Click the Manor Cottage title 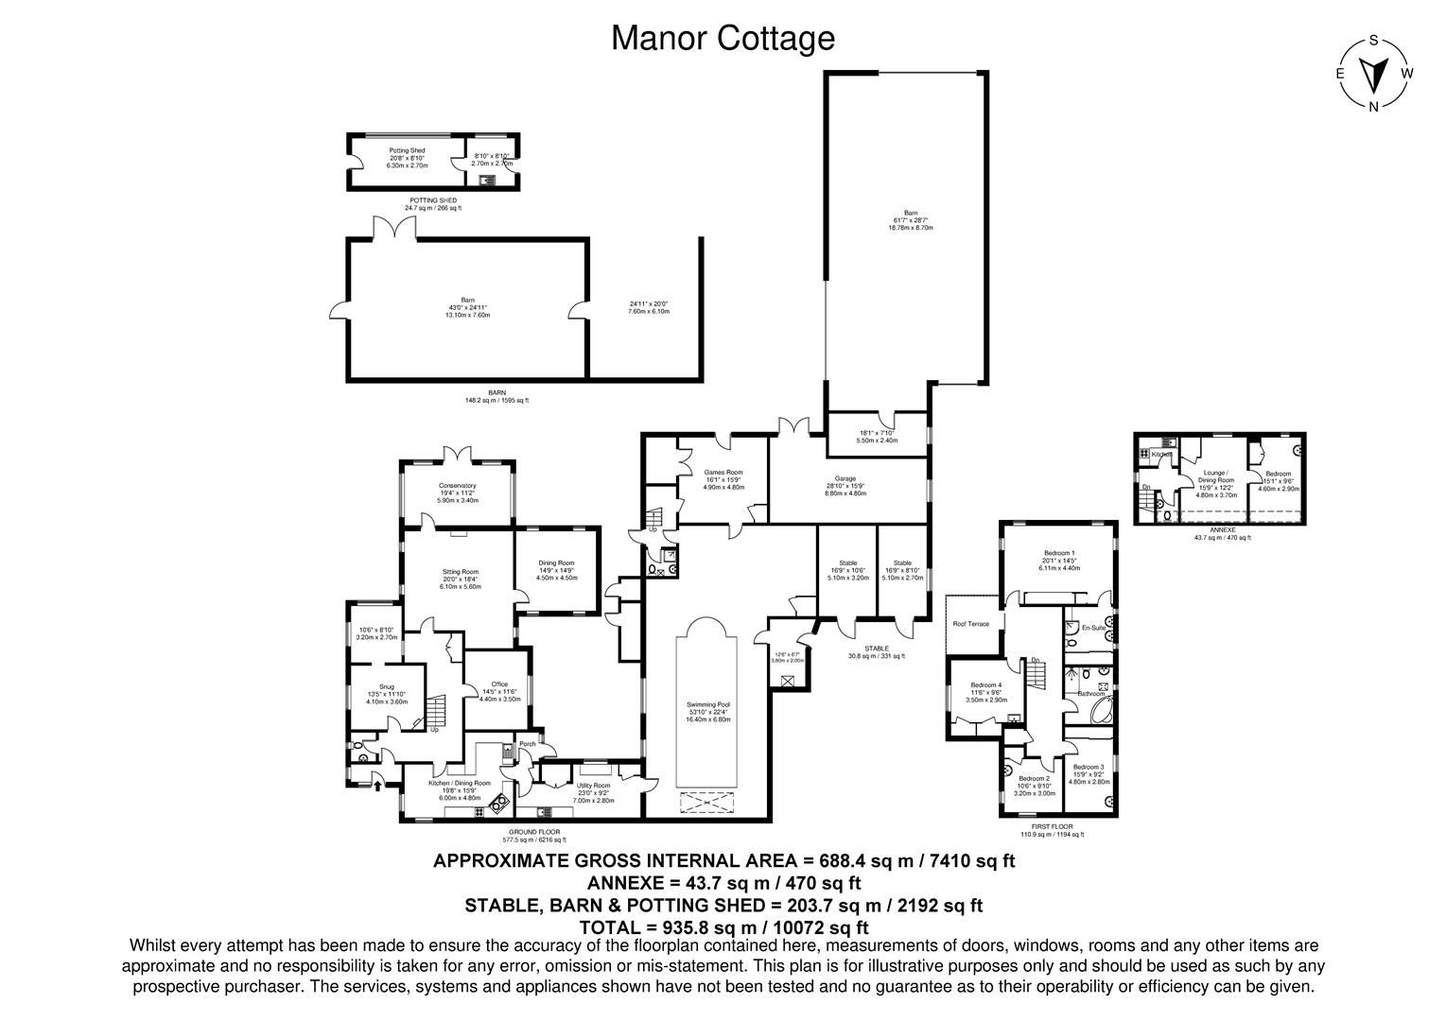tap(723, 39)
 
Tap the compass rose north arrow tap(1373, 73)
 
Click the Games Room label tap(723, 472)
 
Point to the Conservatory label tap(457, 486)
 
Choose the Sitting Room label tap(461, 572)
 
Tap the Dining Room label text tap(556, 563)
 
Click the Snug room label tap(386, 687)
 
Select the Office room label tap(499, 684)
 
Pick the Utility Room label tap(593, 786)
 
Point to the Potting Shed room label tap(407, 150)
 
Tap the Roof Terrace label tap(972, 623)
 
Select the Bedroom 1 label tap(1058, 553)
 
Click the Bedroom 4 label tap(986, 685)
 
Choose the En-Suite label tap(1093, 628)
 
